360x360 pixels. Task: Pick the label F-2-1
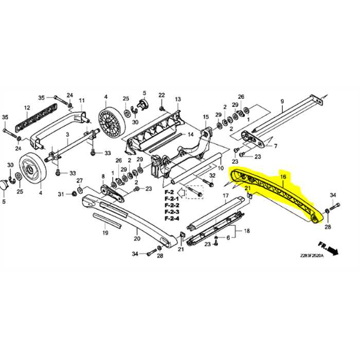171,199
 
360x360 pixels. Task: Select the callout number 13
178,99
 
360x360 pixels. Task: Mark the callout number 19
105,233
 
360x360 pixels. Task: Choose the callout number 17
225,196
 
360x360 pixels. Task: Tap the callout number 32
212,176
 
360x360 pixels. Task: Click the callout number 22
161,95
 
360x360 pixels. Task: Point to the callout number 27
80,181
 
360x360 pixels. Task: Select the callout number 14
190,135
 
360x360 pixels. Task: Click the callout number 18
246,231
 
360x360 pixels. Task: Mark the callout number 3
67,134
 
